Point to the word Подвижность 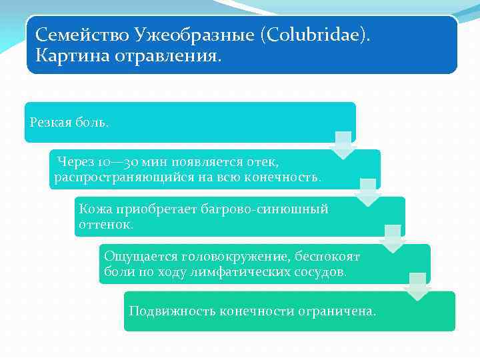click(168, 311)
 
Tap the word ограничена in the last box click(340, 311)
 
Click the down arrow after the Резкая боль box click(343, 145)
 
